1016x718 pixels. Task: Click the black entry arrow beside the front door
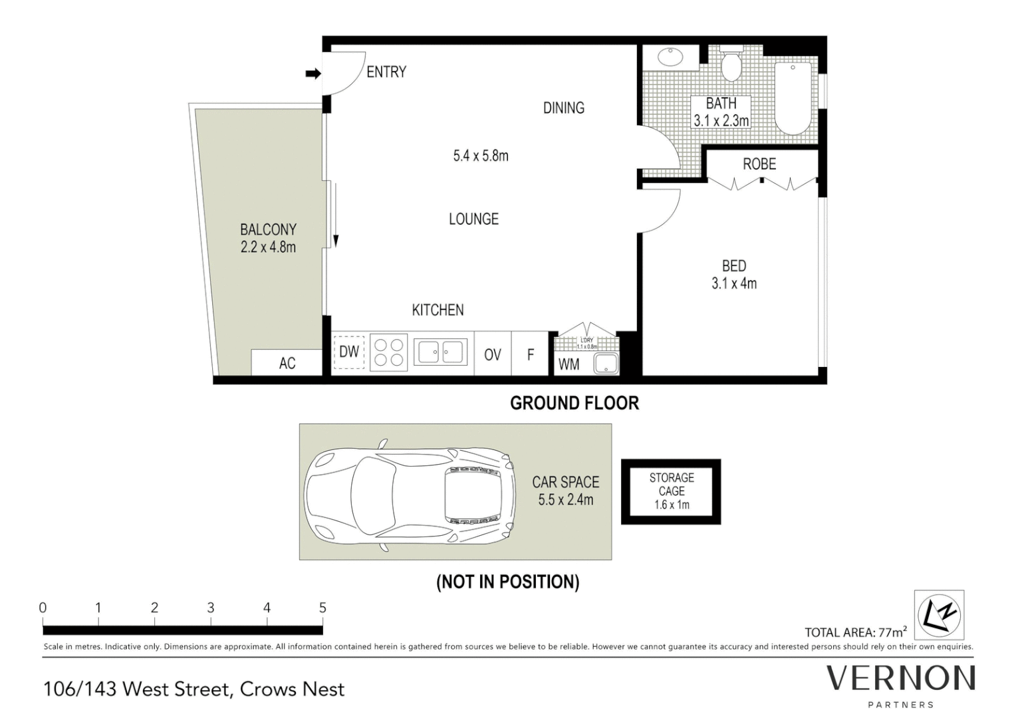tap(313, 74)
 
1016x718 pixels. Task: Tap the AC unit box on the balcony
tap(287, 363)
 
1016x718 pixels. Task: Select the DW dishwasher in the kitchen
tap(348, 352)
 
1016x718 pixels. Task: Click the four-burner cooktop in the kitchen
tap(388, 352)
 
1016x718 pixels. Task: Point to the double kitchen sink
tap(440, 352)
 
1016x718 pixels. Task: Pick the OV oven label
tap(492, 355)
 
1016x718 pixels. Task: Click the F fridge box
tap(530, 355)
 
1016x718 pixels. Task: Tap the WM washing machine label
tap(569, 364)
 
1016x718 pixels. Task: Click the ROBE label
tap(759, 164)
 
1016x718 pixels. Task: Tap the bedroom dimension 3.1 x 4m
tap(734, 283)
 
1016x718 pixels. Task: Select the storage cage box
tap(671, 491)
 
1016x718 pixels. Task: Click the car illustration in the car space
tap(410, 494)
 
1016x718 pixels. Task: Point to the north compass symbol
tap(939, 614)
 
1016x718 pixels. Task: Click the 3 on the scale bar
tap(211, 608)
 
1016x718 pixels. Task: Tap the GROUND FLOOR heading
tap(574, 403)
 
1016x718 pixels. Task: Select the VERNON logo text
tap(900, 679)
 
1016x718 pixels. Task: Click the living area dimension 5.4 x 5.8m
tap(481, 156)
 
